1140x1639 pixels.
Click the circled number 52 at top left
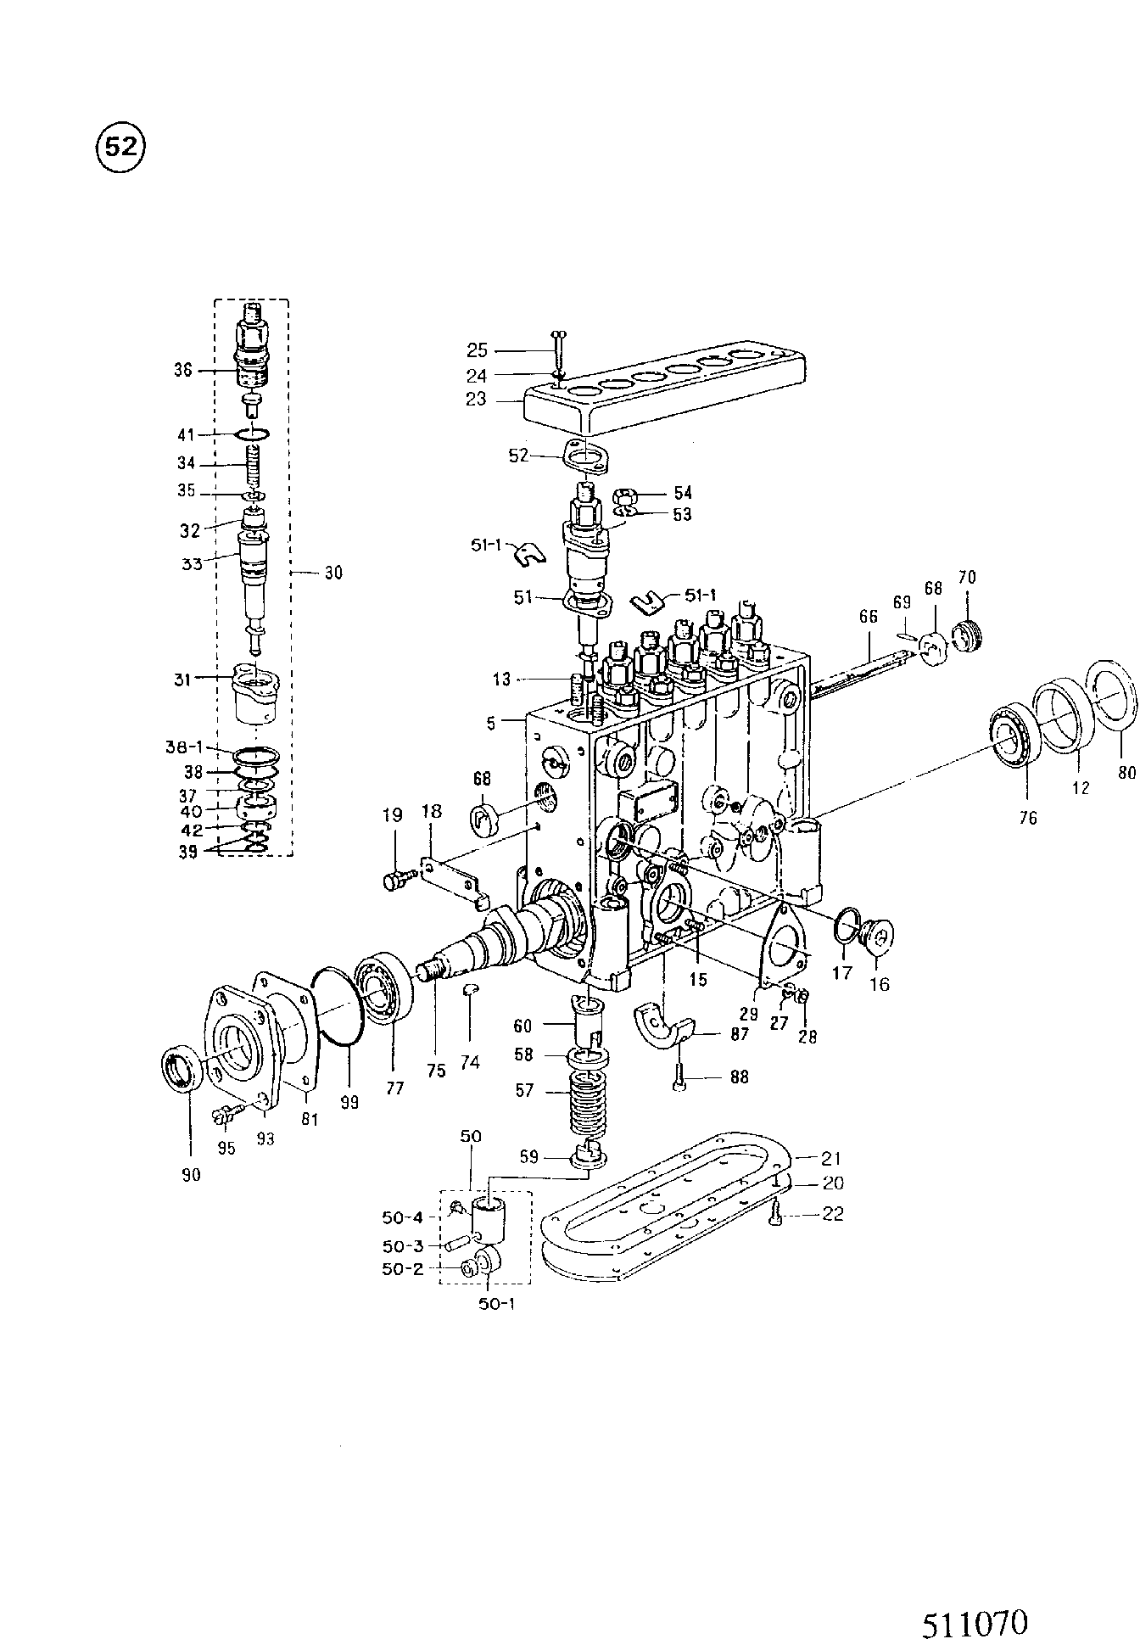pos(121,148)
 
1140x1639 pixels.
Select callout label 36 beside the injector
pos(183,370)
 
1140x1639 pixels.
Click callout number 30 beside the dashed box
pos(333,573)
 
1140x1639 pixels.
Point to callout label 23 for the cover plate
pos(476,400)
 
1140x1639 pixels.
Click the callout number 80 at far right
pos(1126,772)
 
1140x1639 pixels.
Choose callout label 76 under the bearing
pos(1028,818)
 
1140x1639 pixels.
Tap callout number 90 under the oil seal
pos(192,1175)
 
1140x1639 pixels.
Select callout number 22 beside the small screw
pos(834,1214)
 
